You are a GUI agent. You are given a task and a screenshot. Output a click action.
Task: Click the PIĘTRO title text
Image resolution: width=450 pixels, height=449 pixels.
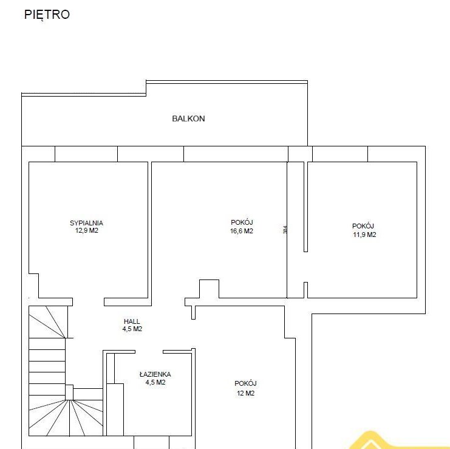(x=47, y=15)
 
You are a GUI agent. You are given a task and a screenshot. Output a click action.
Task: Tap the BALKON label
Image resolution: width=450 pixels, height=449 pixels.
(x=188, y=118)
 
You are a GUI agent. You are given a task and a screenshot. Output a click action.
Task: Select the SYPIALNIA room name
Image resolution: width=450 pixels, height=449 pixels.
(x=86, y=223)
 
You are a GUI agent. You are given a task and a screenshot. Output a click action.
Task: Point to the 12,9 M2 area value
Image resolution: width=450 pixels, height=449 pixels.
(x=87, y=230)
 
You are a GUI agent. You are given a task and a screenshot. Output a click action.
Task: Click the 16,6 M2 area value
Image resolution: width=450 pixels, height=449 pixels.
(x=241, y=231)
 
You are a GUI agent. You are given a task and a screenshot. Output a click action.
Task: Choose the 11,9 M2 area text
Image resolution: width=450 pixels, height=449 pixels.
(x=364, y=235)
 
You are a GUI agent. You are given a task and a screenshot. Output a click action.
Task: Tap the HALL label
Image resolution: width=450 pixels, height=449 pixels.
(x=132, y=321)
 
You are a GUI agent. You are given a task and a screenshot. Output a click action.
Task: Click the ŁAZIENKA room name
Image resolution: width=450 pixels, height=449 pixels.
(x=155, y=374)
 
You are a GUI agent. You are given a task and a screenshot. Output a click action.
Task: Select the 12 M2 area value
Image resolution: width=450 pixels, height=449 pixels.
(x=246, y=393)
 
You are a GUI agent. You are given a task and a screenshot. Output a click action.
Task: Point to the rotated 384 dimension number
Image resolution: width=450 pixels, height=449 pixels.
(x=285, y=230)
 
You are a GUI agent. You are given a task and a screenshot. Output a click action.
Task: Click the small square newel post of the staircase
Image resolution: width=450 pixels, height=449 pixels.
(x=69, y=392)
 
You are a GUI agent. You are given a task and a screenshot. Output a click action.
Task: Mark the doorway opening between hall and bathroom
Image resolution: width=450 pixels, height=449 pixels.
(x=149, y=352)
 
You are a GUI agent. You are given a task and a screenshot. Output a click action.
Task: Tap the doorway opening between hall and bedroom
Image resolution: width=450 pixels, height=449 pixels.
(x=88, y=302)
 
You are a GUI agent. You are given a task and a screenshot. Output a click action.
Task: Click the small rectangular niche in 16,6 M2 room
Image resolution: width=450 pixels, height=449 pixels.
(x=210, y=289)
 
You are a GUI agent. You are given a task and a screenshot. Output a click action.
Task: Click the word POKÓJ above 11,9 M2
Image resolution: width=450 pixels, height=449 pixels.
(x=363, y=226)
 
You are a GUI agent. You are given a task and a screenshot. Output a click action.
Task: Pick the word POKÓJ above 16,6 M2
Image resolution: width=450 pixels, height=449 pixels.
(x=242, y=222)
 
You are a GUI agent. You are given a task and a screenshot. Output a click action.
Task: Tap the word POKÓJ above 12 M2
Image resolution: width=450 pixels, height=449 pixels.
(x=245, y=383)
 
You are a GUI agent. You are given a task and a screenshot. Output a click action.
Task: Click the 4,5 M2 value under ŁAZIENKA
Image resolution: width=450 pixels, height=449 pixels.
(x=155, y=382)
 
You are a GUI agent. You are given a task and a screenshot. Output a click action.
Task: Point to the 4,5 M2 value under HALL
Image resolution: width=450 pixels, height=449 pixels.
(x=132, y=329)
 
